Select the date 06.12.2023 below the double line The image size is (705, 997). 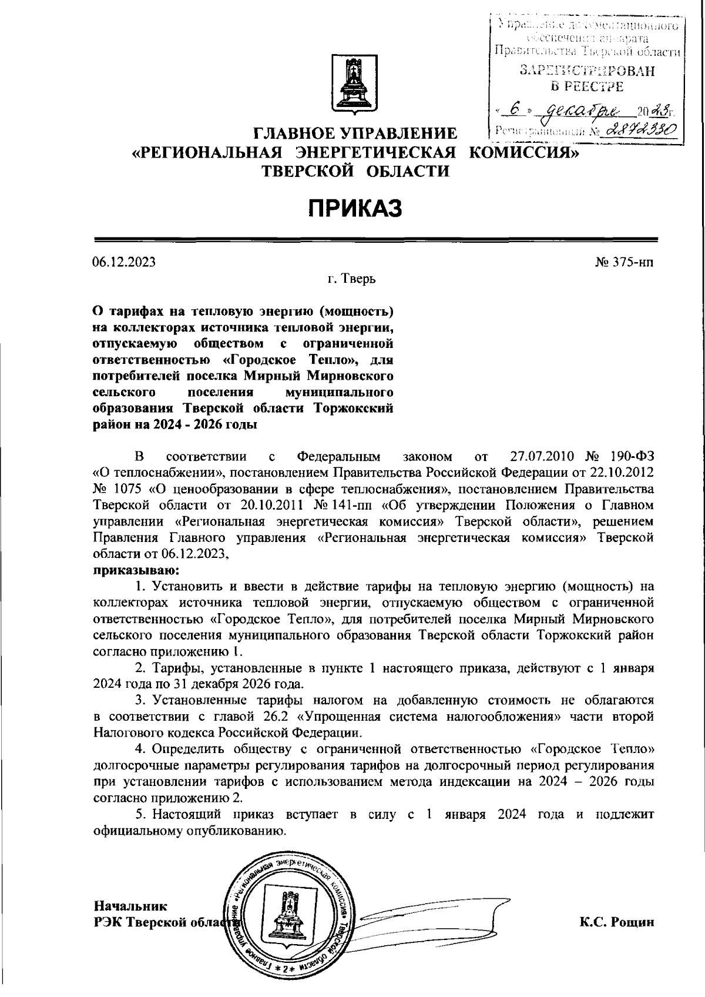coord(124,262)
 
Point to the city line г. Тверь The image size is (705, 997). coord(352,278)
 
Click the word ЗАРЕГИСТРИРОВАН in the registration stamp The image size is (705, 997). coord(587,72)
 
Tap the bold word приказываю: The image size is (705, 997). coord(136,570)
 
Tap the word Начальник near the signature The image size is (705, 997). coord(130,906)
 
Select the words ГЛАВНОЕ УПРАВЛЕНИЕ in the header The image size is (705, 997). coord(354,133)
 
